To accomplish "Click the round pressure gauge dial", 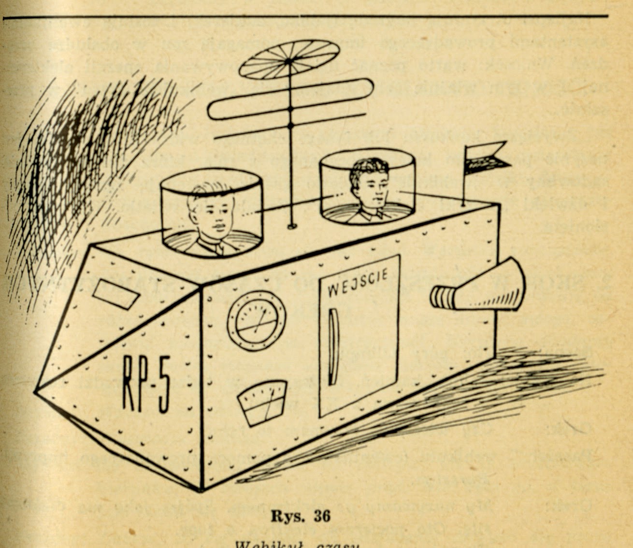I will [x=256, y=319].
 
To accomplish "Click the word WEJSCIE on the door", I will [x=357, y=283].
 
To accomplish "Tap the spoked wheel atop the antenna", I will [x=289, y=60].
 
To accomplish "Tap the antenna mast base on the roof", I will [x=291, y=225].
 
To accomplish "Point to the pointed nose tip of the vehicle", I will [x=36, y=389].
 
